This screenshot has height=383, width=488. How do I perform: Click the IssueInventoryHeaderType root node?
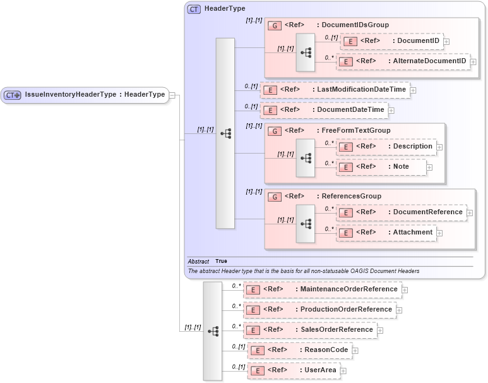(85, 95)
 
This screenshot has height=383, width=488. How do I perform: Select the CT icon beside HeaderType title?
(194, 9)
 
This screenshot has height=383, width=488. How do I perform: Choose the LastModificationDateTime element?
(335, 90)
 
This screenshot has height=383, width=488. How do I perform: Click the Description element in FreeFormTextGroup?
(386, 147)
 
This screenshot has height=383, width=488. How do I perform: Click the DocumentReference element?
(401, 212)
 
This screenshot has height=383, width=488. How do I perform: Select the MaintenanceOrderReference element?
(322, 289)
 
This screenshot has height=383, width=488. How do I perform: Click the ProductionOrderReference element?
(319, 310)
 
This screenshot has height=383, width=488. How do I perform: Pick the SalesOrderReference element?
(310, 330)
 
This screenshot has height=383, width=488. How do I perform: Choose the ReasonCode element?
(299, 350)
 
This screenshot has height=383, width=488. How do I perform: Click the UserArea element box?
(294, 370)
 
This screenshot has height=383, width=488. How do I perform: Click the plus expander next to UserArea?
(343, 370)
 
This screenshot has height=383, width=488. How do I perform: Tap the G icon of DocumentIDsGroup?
(275, 25)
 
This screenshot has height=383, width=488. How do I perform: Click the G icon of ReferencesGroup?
(275, 197)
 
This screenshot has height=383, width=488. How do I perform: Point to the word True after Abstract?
(221, 261)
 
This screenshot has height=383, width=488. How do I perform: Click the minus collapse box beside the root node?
(172, 95)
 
